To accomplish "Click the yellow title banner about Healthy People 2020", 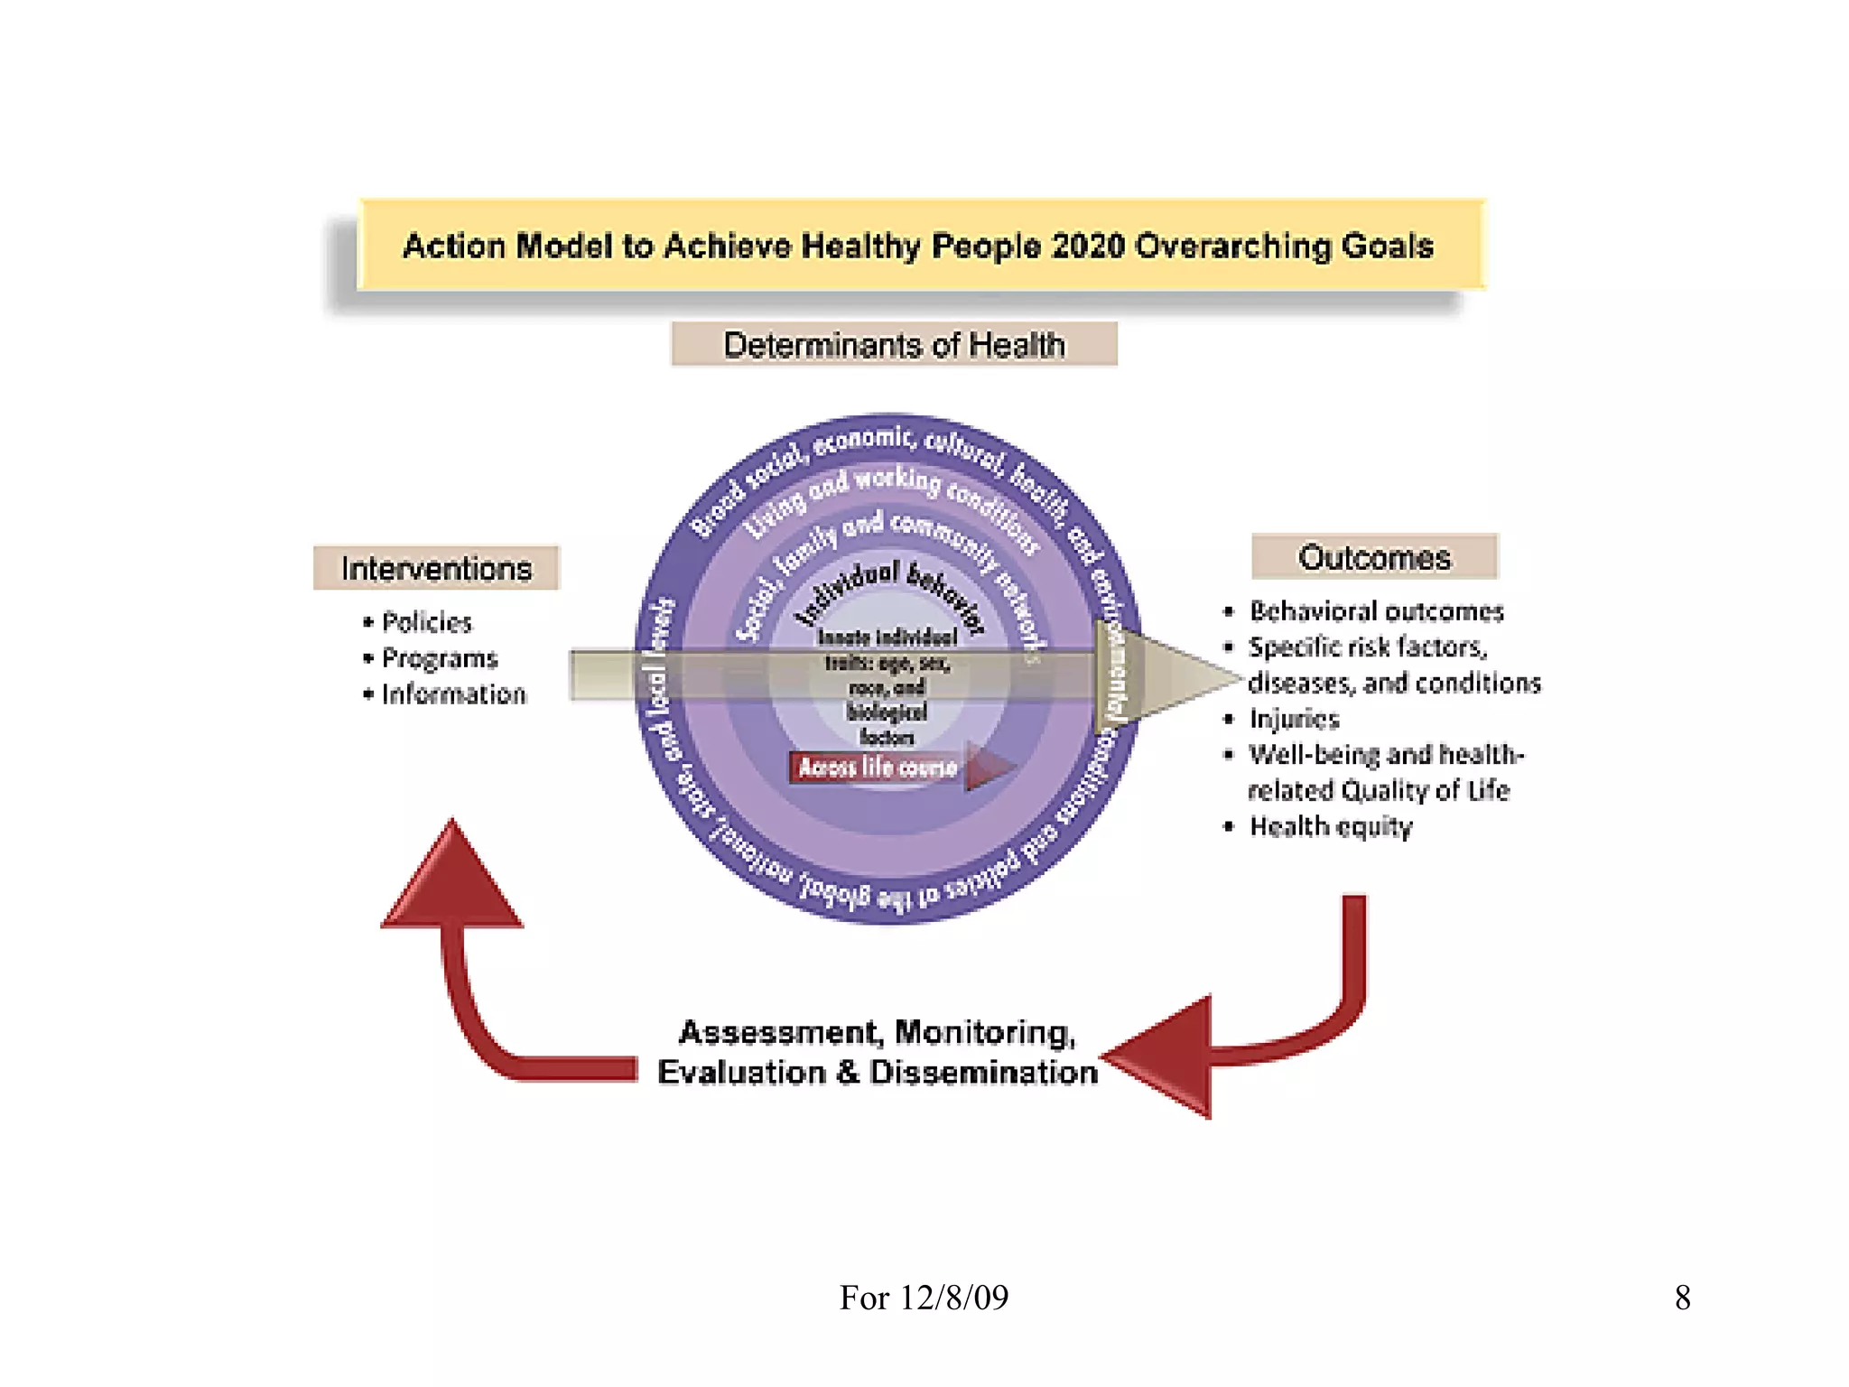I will (919, 245).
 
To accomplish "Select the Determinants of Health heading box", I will (894, 345).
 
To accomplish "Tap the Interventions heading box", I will (436, 568).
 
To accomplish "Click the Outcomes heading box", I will (1374, 557).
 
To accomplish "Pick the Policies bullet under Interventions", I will (426, 622).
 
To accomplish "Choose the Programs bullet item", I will (439, 658).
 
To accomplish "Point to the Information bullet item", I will (452, 694).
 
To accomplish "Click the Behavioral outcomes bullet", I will (1376, 611).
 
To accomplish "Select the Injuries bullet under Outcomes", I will (1294, 719).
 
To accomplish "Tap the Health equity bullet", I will (1330, 826).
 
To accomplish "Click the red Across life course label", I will (878, 768).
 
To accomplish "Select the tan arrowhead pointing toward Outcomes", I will (1174, 675).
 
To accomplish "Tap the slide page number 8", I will (1682, 1298).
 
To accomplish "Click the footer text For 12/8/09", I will (924, 1298).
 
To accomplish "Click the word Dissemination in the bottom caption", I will (983, 1073).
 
